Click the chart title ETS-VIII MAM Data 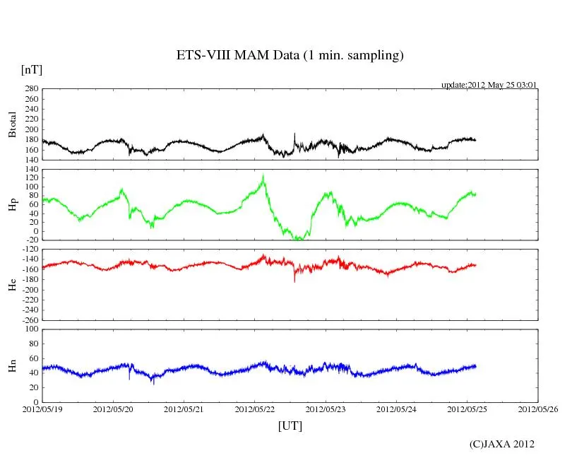tap(290, 56)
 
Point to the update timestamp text tap(489, 85)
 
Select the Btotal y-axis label tap(13, 124)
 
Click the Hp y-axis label tap(13, 205)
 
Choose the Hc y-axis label tap(13, 285)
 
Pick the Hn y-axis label tap(13, 365)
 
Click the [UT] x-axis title tap(290, 426)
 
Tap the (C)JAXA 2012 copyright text tap(501, 444)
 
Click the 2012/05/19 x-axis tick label tap(42, 409)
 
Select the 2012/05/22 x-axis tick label tap(255, 409)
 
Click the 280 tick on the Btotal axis tap(31, 90)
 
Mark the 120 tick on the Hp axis tap(31, 178)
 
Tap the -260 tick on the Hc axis tap(29, 320)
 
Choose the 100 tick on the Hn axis tap(31, 329)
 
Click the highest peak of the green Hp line tap(263, 175)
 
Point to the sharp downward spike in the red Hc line tap(294, 281)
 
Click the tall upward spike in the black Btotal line tap(294, 134)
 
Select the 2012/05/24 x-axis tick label tap(396, 409)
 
